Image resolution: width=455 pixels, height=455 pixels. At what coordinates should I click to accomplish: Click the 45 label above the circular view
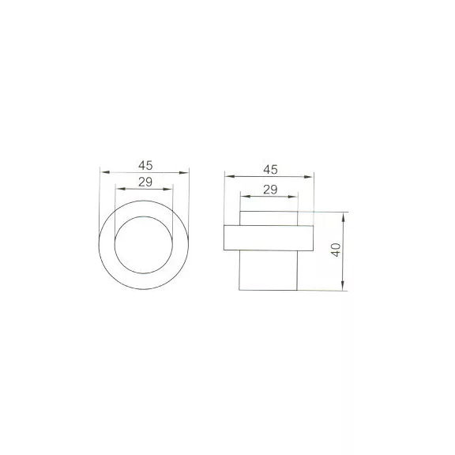pyautogui.click(x=145, y=165)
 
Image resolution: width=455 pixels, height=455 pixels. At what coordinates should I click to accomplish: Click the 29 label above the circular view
pyautogui.click(x=145, y=182)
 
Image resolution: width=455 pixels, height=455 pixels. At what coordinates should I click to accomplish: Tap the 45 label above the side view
pyautogui.click(x=270, y=170)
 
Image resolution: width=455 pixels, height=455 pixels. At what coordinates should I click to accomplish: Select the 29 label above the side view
pyautogui.click(x=270, y=190)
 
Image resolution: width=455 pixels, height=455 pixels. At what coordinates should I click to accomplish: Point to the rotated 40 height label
pyautogui.click(x=336, y=250)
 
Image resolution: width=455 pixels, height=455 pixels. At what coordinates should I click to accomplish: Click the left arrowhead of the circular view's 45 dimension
pyautogui.click(x=105, y=172)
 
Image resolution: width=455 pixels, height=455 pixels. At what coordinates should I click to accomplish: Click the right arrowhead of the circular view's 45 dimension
pyautogui.click(x=184, y=173)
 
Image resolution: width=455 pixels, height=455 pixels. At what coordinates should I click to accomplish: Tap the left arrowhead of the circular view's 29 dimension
pyautogui.click(x=120, y=189)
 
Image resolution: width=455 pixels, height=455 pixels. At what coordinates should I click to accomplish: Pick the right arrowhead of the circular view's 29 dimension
pyautogui.click(x=167, y=190)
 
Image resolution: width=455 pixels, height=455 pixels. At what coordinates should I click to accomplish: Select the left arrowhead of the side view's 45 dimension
pyautogui.click(x=230, y=176)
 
